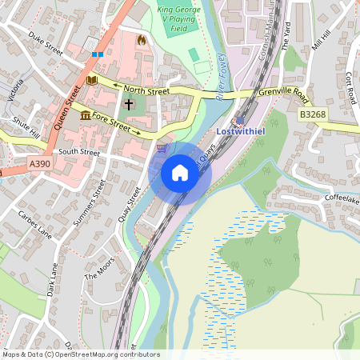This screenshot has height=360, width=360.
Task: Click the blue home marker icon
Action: pyautogui.click(x=180, y=172)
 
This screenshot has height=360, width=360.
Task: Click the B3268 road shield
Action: pyautogui.click(x=314, y=115)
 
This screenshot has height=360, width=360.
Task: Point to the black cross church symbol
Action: pyautogui.click(x=129, y=104)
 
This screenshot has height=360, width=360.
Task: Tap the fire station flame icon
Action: pyautogui.click(x=142, y=39)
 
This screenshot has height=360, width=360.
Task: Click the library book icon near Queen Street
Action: pyautogui.click(x=91, y=80)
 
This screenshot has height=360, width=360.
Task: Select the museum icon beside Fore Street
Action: pyautogui.click(x=86, y=115)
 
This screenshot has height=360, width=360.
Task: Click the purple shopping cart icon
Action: pyautogui.click(x=162, y=147)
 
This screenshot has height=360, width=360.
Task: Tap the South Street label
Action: pyautogui.click(x=78, y=151)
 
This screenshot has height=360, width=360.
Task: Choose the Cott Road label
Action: pyautogui.click(x=350, y=80)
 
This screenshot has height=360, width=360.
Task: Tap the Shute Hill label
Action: pyautogui.click(x=26, y=127)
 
